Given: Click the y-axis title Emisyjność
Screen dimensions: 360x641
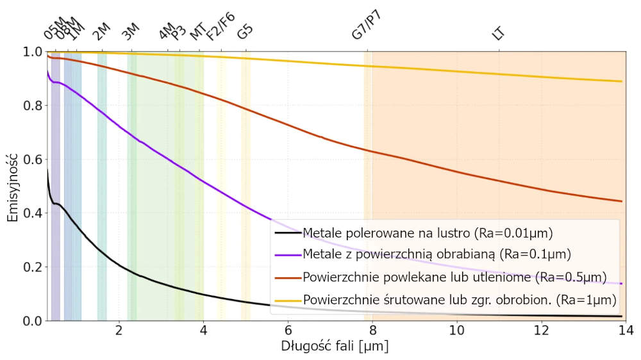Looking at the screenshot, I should point(12,186).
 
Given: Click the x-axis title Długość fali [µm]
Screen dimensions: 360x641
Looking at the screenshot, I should point(335,347).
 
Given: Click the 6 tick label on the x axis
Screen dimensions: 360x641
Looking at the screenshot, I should point(288,331).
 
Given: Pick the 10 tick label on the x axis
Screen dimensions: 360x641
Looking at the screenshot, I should point(457,331).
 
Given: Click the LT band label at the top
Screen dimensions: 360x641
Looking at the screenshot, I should point(498,33).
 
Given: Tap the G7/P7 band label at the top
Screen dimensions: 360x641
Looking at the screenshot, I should point(367,26).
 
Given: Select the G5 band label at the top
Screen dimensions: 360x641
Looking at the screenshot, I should point(245,31).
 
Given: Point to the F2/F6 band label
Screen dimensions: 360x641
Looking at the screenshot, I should point(221,27).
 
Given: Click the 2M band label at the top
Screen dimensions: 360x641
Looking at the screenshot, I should point(102,31).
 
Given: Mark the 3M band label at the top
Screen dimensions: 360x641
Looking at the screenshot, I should point(131,31).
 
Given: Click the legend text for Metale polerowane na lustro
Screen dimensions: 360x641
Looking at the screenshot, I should point(428,233).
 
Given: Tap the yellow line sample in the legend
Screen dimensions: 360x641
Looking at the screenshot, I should point(287,300).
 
